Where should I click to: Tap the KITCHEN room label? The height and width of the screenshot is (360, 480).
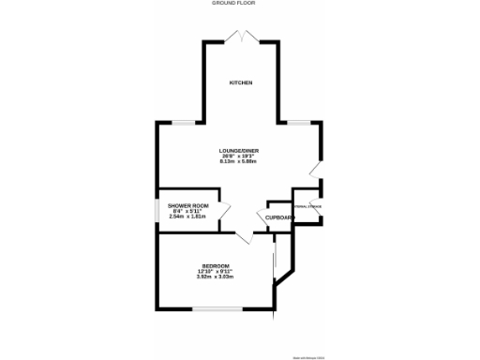click(241, 83)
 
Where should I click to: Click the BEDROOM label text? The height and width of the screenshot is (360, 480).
click(216, 266)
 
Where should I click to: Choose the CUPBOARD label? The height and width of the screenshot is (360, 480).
click(279, 217)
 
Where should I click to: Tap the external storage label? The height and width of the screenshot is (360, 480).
click(307, 205)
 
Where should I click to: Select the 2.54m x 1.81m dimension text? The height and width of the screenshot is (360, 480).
click(187, 217)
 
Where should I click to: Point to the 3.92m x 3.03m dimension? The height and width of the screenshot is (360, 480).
click(216, 277)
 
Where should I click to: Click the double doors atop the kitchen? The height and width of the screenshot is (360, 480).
click(241, 36)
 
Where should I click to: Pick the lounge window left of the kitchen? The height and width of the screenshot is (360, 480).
click(184, 123)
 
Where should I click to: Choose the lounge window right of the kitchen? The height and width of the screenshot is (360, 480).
click(300, 123)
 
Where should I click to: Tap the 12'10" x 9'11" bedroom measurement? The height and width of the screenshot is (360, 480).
click(216, 272)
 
